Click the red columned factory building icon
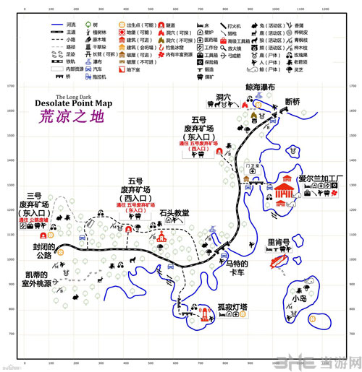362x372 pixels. pos(285,191)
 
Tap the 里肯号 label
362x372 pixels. pos(279,242)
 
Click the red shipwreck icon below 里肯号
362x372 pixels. pos(276,259)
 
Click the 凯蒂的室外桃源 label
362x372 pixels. pos(35,281)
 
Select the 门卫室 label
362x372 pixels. pos(251,164)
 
